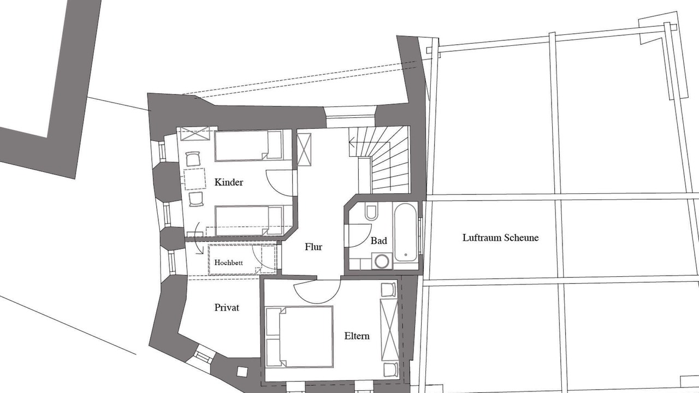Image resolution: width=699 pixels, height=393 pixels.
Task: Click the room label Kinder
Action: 229,182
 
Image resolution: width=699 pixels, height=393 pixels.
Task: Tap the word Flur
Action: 313,247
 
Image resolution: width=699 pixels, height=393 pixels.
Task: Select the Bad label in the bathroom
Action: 379,241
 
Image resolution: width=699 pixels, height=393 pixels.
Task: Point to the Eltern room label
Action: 357,336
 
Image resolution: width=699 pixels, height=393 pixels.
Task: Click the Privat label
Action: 227,308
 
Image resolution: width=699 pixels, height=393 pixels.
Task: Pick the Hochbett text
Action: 228,263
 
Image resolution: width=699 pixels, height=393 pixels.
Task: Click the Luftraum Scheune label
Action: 501,237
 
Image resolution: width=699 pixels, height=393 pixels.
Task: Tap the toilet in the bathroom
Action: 371,212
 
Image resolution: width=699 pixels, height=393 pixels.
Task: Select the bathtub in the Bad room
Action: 405,233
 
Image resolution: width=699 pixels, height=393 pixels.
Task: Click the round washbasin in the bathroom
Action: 382,261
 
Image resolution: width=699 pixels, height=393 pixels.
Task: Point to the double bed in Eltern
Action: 299,337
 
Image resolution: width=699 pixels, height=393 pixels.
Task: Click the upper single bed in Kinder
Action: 248,146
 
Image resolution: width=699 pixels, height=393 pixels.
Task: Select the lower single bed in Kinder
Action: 248,221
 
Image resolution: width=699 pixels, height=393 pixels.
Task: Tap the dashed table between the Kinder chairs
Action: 194,179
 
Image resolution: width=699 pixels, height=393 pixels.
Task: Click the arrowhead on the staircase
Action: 352,144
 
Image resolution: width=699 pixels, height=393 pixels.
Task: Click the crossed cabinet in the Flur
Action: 304,150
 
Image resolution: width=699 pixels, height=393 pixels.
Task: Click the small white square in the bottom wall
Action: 242,372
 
